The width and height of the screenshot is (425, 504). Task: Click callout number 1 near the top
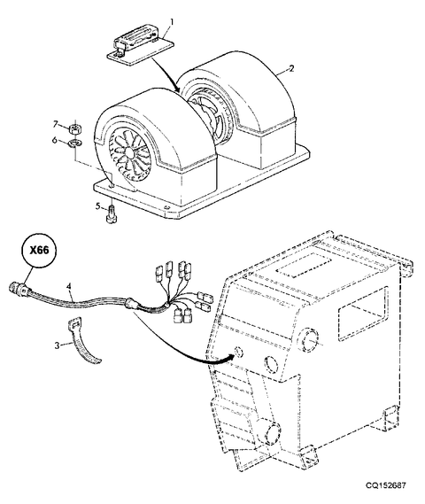click(x=171, y=19)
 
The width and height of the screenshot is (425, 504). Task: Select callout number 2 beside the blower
click(x=291, y=68)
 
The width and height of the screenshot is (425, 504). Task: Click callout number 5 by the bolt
click(x=99, y=206)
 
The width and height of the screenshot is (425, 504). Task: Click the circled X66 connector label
click(x=38, y=252)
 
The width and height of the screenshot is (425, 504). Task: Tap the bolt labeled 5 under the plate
click(x=111, y=215)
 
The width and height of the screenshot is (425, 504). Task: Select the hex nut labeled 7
click(x=75, y=128)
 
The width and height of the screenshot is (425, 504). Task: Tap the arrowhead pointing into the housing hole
click(x=233, y=356)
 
